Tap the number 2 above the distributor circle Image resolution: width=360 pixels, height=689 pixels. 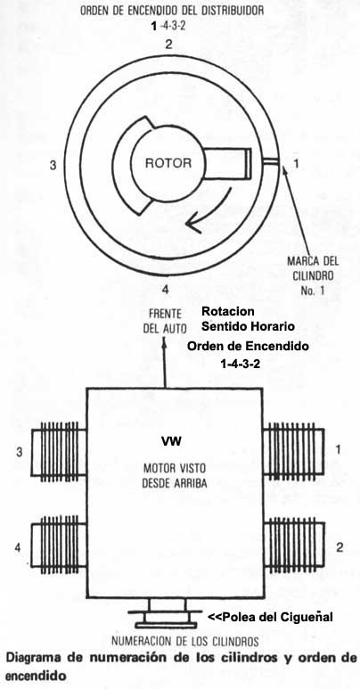167,43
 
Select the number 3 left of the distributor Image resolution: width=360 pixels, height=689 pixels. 53,165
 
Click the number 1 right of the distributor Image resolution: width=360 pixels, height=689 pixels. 297,163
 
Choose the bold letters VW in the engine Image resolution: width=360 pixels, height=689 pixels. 170,441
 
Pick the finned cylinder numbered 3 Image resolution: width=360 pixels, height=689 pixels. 58,454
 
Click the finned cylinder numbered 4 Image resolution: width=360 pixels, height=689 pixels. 58,545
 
